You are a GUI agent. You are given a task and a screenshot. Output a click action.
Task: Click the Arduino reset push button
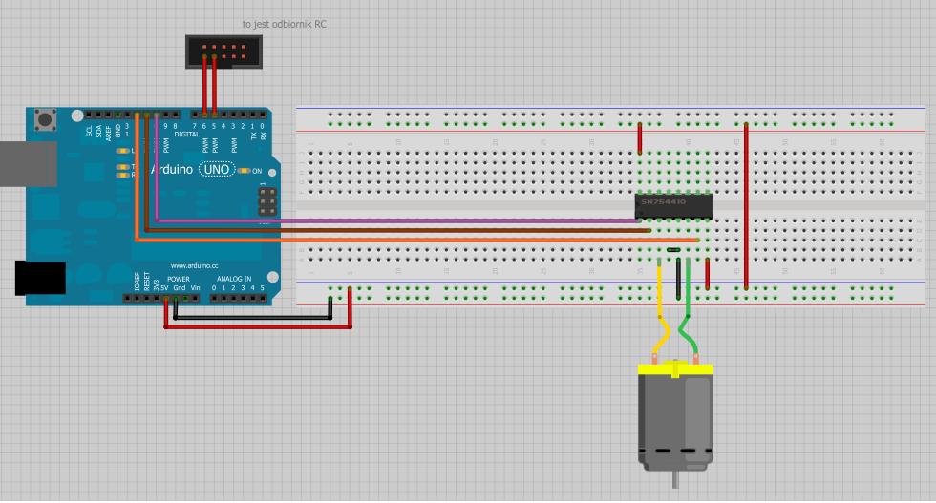point(44,120)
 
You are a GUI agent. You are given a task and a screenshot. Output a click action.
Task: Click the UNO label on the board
point(218,170)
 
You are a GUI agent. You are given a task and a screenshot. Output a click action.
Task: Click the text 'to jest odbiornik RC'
point(284,24)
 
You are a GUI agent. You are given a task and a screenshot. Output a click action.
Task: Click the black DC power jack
point(39,278)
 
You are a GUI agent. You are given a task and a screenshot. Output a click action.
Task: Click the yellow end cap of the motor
point(675,368)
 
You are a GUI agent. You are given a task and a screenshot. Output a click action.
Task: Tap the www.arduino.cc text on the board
point(194,266)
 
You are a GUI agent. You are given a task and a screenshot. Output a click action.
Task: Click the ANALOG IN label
point(233,279)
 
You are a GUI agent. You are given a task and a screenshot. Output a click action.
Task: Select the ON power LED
point(244,171)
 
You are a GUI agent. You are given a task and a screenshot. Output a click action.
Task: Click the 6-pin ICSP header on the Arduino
point(267,200)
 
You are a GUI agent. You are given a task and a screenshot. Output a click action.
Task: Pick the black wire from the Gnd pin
point(253,318)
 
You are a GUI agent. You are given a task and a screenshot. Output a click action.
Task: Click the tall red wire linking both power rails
point(746,205)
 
